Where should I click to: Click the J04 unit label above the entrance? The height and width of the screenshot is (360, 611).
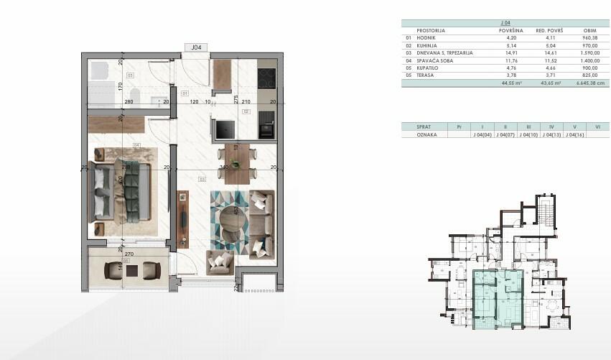point(195,47)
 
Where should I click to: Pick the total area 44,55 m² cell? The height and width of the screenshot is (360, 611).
point(511,83)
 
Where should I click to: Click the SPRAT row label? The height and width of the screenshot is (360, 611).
point(413,126)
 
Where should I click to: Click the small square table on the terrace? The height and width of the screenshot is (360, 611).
point(132,270)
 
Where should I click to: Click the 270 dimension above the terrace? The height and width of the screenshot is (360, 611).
point(129,254)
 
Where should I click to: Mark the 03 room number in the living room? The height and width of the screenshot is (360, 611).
point(202,179)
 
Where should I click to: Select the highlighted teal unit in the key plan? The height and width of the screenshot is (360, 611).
point(495,298)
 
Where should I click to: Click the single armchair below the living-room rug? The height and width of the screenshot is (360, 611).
point(219,262)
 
